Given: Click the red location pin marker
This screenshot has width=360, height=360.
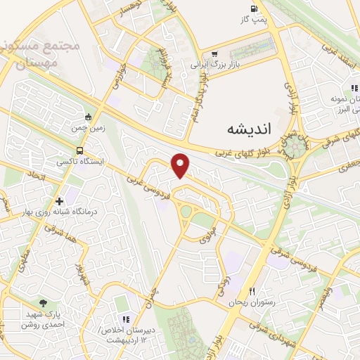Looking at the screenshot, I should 181,165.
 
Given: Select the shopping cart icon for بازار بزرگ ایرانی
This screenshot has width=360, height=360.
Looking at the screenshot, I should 214,53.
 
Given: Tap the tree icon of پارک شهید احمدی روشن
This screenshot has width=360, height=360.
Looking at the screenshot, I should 44,302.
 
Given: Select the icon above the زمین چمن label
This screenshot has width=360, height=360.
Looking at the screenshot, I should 88,117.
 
